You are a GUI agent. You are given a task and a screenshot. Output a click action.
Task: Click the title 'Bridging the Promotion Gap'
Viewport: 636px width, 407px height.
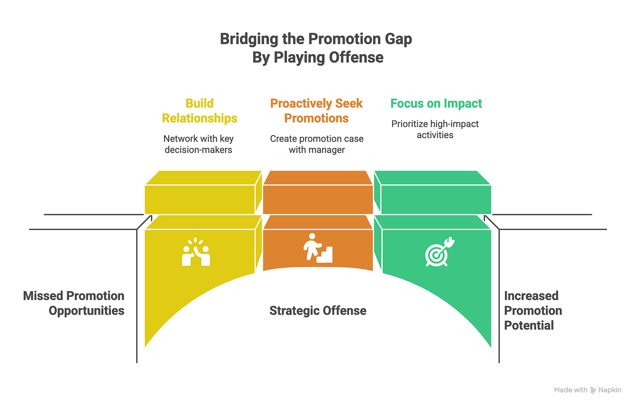(x=316, y=39)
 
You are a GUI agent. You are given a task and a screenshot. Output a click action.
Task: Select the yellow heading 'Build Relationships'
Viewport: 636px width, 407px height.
(x=200, y=111)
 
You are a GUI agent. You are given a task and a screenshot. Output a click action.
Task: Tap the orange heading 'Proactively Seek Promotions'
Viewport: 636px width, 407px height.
(x=317, y=111)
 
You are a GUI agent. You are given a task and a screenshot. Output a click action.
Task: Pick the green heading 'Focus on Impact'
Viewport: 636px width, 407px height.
(x=436, y=104)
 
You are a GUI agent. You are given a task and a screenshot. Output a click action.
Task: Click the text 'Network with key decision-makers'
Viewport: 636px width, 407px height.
(x=198, y=144)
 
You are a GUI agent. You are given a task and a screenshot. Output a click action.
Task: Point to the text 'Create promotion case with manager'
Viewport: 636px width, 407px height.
(x=317, y=144)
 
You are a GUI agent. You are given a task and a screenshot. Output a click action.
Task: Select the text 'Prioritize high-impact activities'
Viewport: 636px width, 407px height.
(x=435, y=129)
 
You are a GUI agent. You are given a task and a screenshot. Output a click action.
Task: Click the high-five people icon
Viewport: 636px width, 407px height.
(x=196, y=252)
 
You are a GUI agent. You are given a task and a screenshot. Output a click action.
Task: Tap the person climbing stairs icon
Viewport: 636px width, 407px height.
(x=318, y=248)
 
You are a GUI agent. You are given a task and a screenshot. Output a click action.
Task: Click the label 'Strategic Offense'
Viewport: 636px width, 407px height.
(x=318, y=311)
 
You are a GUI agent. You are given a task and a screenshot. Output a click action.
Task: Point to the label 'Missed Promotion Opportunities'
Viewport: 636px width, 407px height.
(x=74, y=303)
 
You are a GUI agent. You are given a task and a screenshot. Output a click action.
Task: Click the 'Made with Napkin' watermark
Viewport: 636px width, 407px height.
(x=588, y=390)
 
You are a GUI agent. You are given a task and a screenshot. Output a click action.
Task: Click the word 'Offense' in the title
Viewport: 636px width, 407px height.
(x=356, y=58)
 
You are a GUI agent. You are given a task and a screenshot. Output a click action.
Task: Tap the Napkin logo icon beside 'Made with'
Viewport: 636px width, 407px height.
(x=593, y=390)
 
